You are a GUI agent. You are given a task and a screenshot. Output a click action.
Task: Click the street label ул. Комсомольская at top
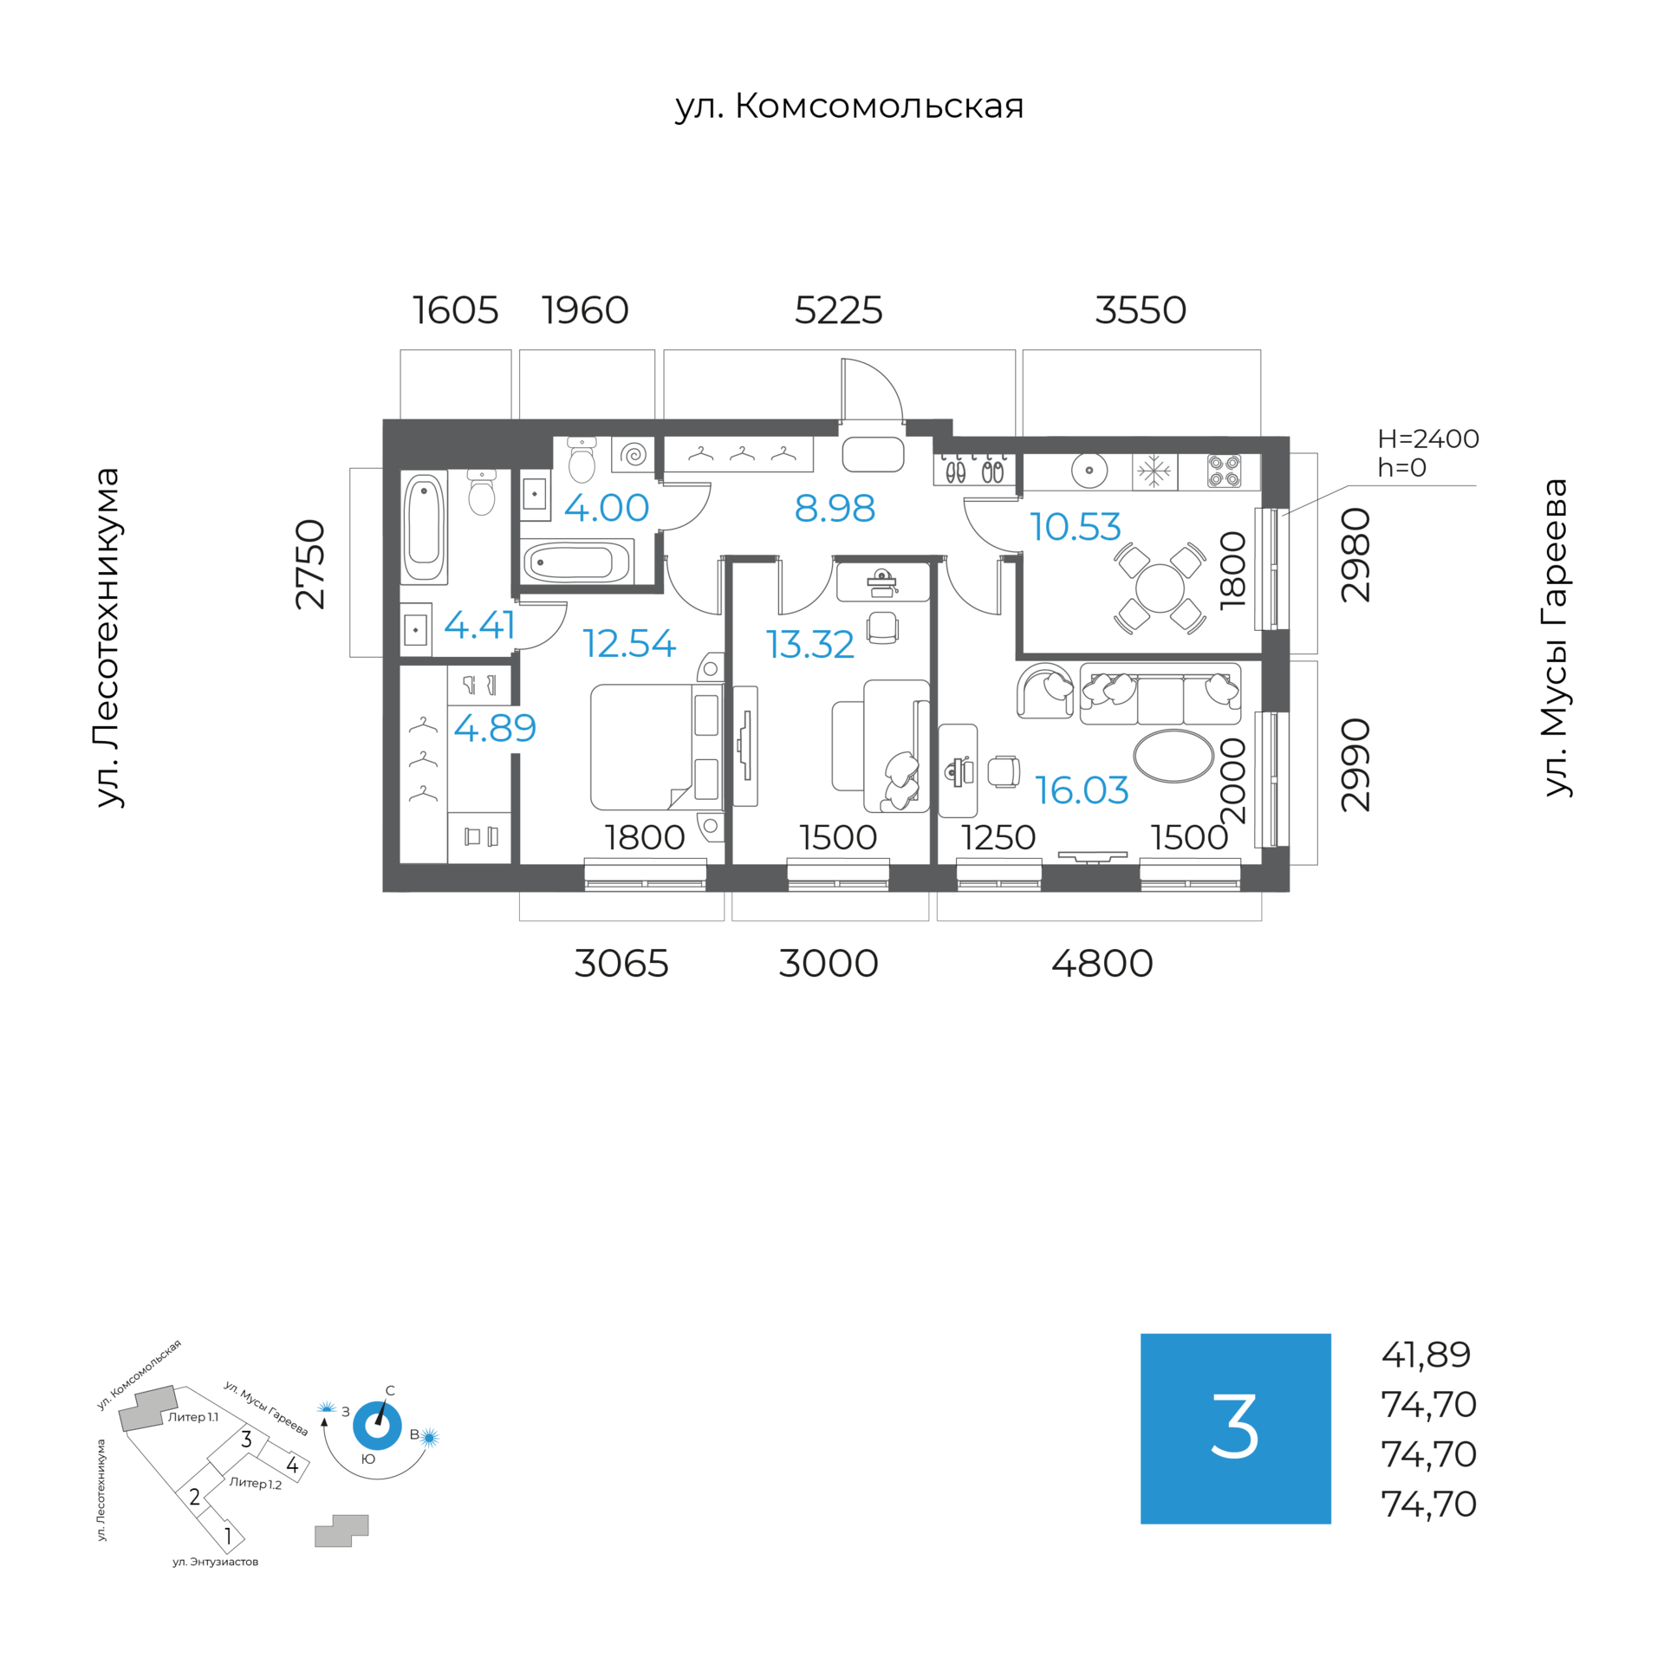click(848, 107)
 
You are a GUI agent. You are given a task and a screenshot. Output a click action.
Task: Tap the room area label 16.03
click(1081, 790)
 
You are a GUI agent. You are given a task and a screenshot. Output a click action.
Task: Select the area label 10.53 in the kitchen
click(1075, 526)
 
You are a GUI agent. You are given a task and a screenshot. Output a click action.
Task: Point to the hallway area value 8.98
click(834, 508)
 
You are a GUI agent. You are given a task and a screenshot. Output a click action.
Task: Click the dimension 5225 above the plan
click(838, 310)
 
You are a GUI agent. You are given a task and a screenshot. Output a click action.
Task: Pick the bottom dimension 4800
click(1102, 963)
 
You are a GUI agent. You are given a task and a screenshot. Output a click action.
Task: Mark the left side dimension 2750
click(310, 563)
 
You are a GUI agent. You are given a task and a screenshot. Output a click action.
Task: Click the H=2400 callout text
click(1427, 439)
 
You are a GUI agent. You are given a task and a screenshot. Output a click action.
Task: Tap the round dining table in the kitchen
click(1159, 588)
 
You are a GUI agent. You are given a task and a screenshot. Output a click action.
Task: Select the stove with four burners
click(1224, 471)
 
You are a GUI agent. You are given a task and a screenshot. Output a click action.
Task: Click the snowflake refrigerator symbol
click(1154, 472)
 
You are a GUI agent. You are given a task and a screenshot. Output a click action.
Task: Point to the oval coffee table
click(1173, 756)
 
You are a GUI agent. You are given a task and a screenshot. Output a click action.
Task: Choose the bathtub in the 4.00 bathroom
click(576, 563)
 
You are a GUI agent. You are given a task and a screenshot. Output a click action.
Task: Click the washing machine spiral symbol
click(634, 454)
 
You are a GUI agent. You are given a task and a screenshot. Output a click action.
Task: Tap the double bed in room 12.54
click(654, 746)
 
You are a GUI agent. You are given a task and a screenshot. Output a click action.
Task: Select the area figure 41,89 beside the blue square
click(1426, 1355)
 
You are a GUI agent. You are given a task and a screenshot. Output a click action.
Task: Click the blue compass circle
click(377, 1426)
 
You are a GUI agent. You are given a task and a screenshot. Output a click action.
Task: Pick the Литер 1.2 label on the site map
click(255, 1483)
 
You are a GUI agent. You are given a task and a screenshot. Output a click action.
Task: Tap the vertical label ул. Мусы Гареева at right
click(1557, 637)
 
